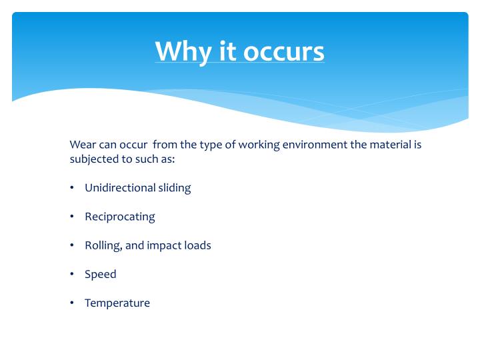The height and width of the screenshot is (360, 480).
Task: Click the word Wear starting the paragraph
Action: [81, 144]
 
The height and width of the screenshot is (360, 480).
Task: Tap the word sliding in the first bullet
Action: [174, 188]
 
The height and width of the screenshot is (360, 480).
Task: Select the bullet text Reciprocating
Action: [119, 217]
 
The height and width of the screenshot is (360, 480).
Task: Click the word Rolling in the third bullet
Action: [103, 245]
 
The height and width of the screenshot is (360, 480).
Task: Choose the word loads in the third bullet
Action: [197, 245]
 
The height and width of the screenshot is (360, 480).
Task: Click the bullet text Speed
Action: [100, 274]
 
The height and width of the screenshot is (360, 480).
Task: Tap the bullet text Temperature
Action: [117, 303]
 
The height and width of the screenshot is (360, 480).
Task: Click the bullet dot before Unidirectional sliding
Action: [71, 188]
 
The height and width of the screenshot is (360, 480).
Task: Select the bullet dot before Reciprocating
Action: [71, 217]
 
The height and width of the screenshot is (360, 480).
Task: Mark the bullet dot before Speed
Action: [71, 274]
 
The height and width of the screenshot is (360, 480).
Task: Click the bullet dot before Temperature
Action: [71, 303]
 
